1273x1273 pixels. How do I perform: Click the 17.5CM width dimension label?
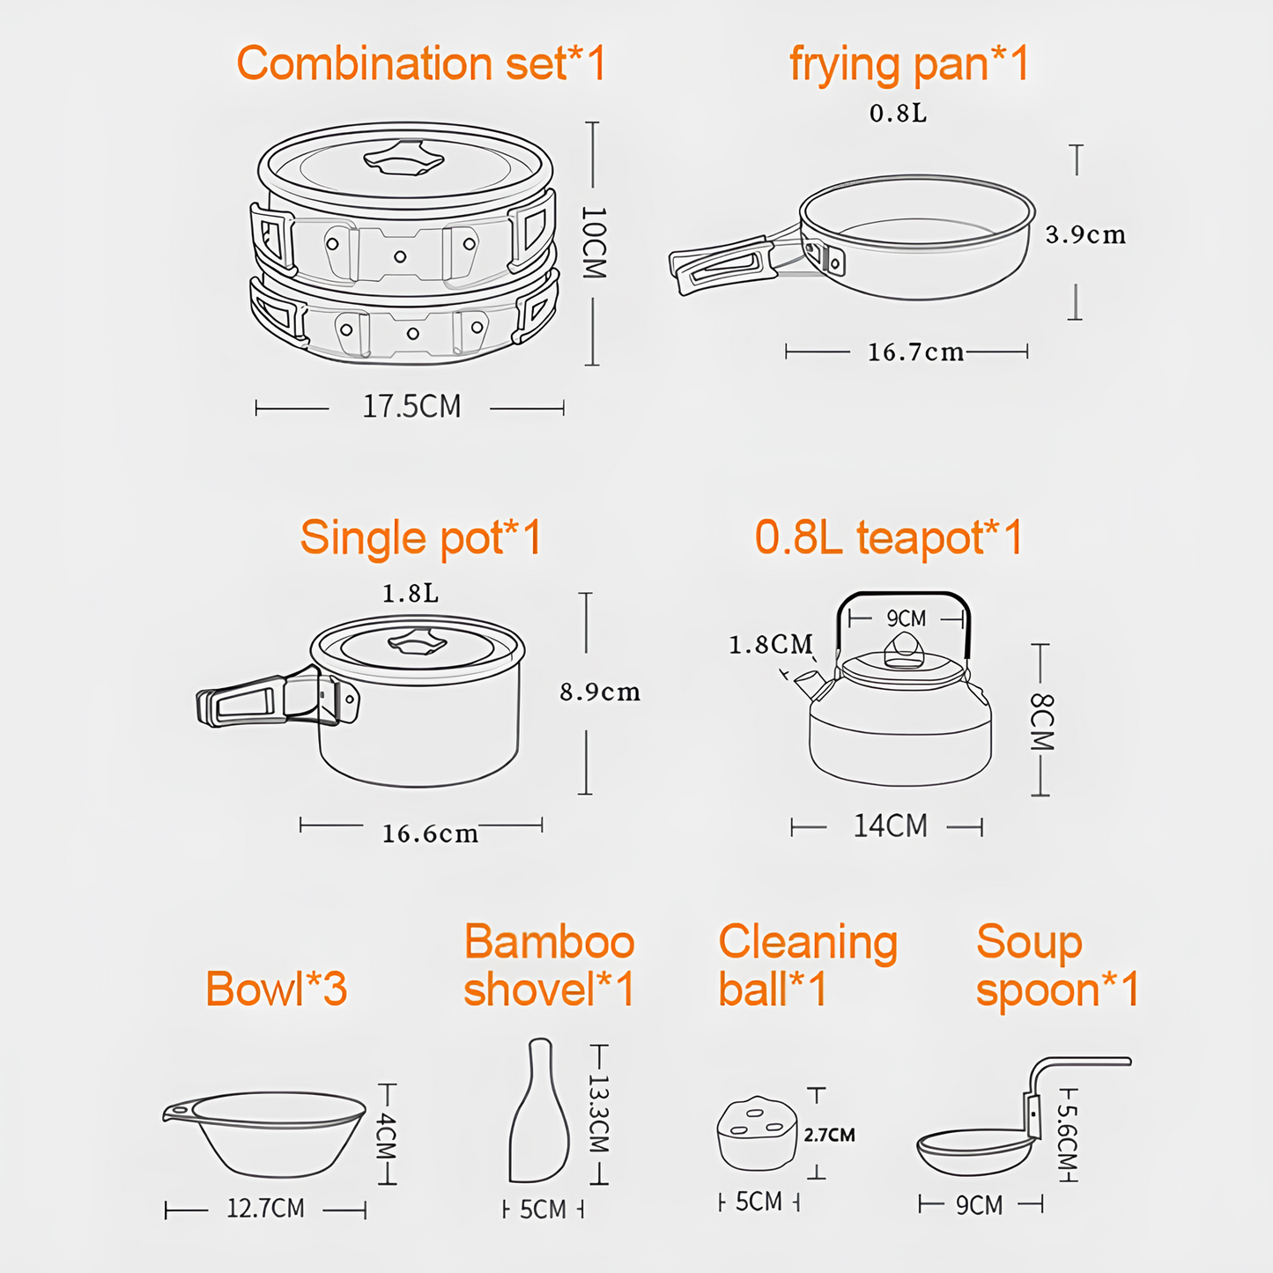tap(411, 406)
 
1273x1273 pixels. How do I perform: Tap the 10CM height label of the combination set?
tap(594, 243)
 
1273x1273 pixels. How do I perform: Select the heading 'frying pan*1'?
tap(909, 64)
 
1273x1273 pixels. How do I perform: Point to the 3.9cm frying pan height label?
tap(1085, 235)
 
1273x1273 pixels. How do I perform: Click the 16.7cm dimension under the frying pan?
tap(915, 352)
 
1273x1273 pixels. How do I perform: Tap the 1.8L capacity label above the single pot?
tap(410, 594)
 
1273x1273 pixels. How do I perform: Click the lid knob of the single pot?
tap(417, 642)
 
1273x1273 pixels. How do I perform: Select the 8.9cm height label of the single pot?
tap(600, 692)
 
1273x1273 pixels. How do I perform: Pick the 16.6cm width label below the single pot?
tap(430, 833)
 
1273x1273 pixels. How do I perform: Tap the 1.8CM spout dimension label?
tap(770, 645)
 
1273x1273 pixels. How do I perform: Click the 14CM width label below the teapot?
tap(890, 826)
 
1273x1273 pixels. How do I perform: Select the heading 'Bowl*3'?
tap(276, 988)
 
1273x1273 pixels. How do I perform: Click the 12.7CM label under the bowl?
tap(265, 1208)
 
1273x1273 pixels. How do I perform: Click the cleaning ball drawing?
tap(757, 1134)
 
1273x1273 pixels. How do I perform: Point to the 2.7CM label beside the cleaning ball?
tap(829, 1135)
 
